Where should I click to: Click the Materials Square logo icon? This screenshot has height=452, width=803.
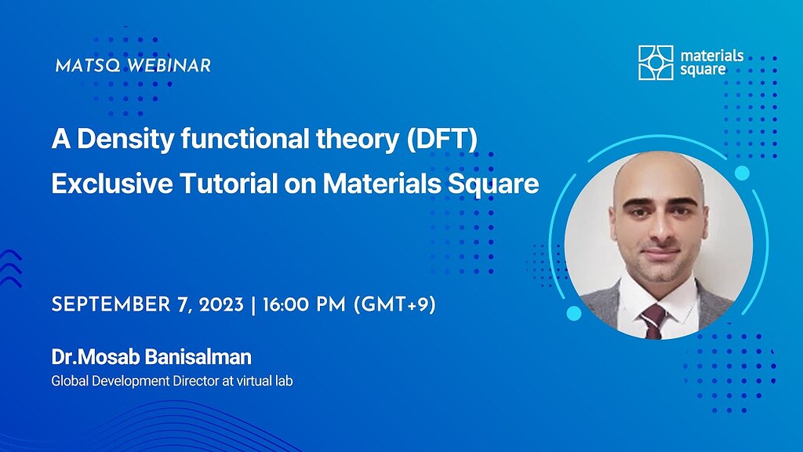tap(656, 63)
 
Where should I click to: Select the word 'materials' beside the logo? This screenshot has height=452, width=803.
tap(712, 56)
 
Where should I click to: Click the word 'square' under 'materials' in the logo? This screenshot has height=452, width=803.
tap(703, 70)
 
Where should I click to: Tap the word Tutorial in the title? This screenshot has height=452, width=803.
tap(223, 184)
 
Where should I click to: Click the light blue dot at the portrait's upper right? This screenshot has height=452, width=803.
tap(742, 173)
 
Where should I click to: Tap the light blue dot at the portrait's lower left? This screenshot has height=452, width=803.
tap(573, 314)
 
